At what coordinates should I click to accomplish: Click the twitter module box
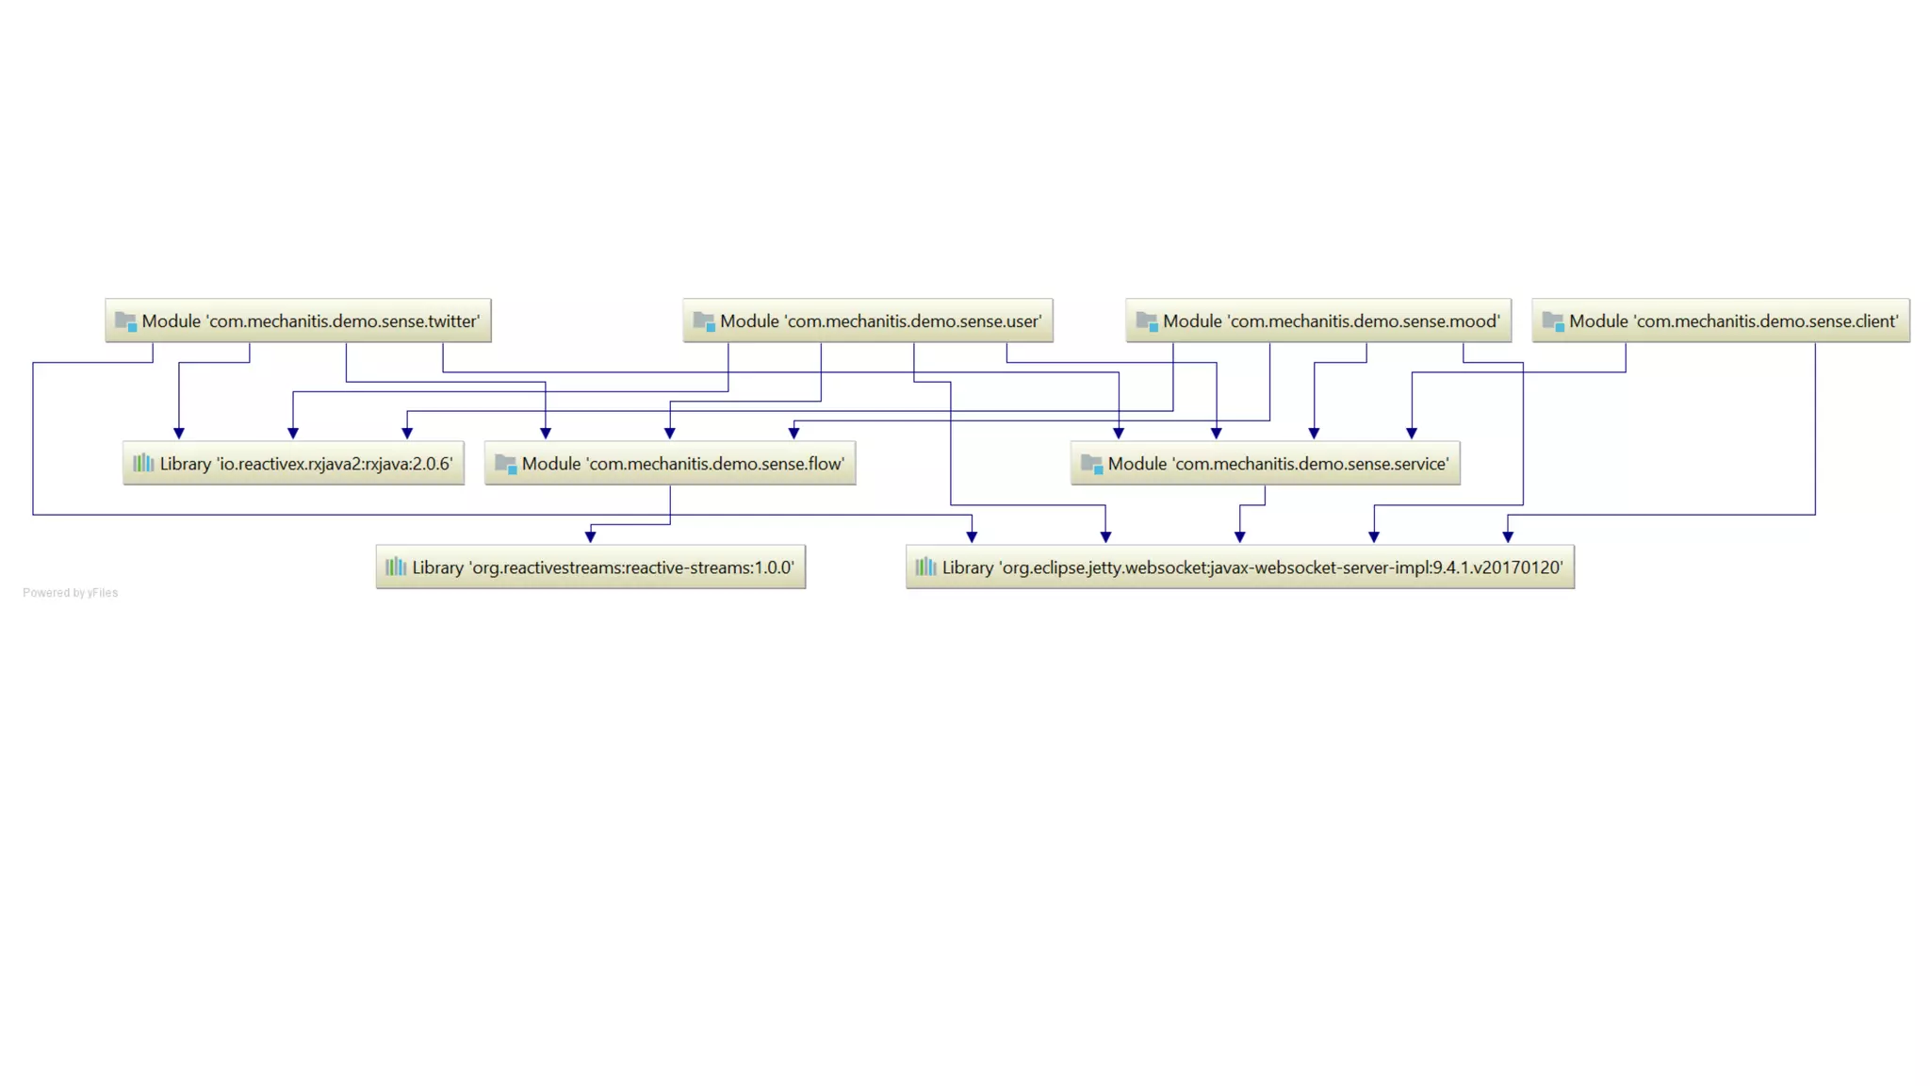click(298, 321)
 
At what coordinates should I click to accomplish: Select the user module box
click(867, 321)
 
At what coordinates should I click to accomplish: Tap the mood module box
click(1317, 321)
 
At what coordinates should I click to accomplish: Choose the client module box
click(1720, 321)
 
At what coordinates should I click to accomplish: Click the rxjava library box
click(293, 463)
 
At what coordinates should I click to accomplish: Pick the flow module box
click(670, 463)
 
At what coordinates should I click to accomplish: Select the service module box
click(1265, 463)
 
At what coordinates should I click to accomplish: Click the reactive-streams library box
click(590, 567)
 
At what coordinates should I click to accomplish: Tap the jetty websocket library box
click(1239, 567)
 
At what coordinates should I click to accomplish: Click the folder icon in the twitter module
click(125, 321)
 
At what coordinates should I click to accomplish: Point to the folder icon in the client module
click(1553, 321)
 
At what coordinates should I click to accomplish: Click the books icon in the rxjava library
click(143, 463)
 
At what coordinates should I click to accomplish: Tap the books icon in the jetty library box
click(926, 567)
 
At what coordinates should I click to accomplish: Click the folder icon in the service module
click(1091, 464)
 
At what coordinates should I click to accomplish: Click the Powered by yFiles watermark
click(71, 593)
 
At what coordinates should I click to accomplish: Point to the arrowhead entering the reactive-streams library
click(590, 536)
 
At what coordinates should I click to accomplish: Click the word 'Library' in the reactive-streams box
click(437, 568)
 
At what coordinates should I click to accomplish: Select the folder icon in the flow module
click(506, 464)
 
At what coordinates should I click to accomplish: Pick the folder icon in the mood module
click(1147, 321)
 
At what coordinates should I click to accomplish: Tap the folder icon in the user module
click(704, 321)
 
